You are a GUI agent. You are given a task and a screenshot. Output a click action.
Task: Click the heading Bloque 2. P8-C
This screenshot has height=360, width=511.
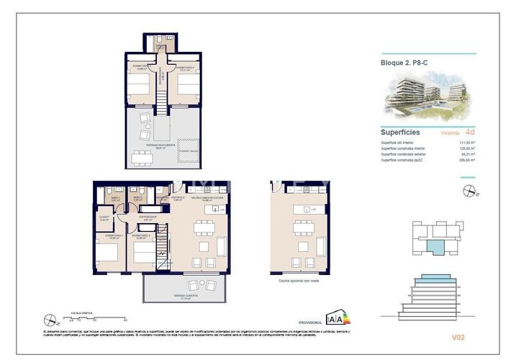[x=402, y=63]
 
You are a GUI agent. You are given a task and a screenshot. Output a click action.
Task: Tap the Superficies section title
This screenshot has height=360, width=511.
[x=401, y=132]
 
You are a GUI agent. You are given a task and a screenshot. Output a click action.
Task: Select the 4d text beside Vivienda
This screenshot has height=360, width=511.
[x=470, y=132]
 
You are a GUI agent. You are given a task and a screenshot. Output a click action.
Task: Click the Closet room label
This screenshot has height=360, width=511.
[x=103, y=219]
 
